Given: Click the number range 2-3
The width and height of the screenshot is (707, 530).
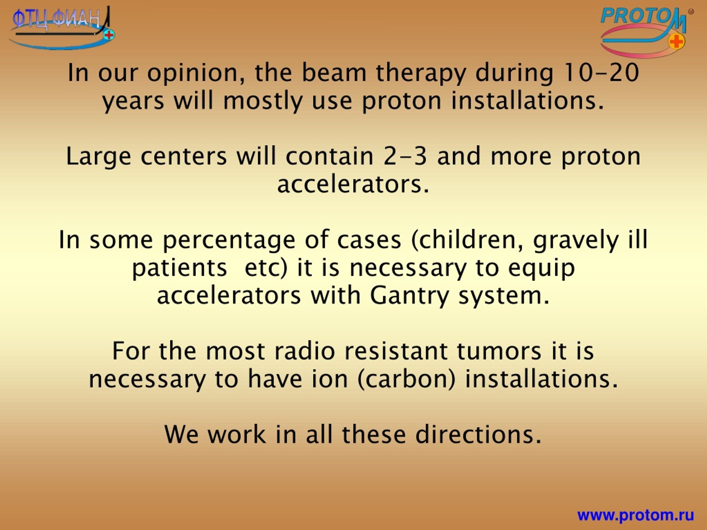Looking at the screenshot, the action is pos(405,157).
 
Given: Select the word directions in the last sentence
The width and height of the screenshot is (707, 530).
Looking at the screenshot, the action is pos(473,435).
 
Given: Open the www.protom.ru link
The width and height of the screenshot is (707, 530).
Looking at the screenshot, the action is pos(636,515).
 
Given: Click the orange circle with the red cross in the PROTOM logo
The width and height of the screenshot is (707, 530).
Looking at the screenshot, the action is pos(676,41).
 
